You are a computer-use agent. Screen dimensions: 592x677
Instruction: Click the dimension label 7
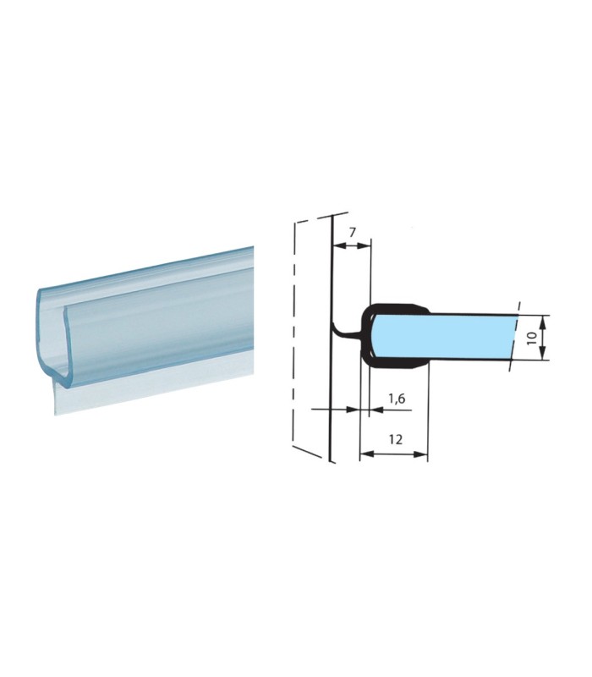pyautogui.click(x=352, y=232)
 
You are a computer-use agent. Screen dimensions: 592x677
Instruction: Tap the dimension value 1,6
pyautogui.click(x=397, y=399)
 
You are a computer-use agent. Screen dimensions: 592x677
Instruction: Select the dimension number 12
pyautogui.click(x=395, y=439)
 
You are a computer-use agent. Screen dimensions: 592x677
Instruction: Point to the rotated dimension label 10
pyautogui.click(x=531, y=337)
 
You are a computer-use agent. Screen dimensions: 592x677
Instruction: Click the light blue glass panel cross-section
pyautogui.click(x=445, y=337)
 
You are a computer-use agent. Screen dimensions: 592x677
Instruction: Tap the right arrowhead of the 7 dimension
pyautogui.click(x=366, y=245)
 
